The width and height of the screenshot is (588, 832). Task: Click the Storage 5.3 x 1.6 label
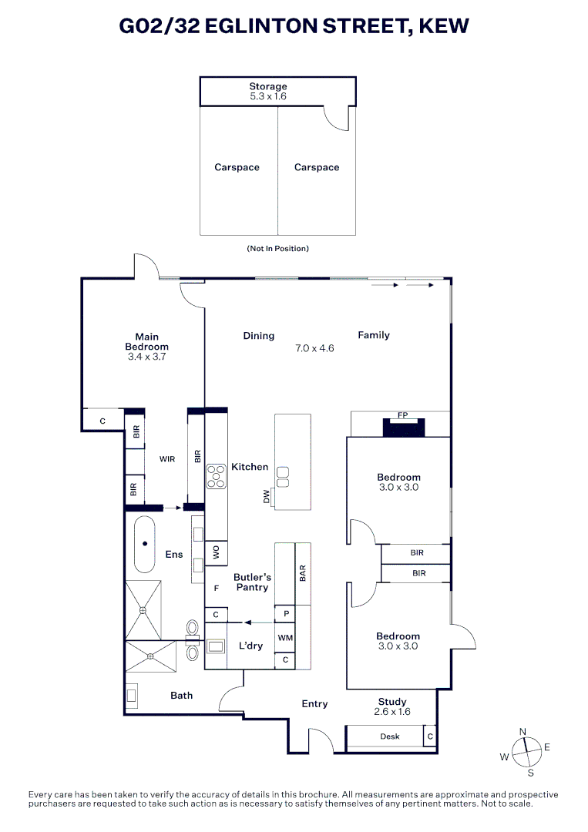click(x=268, y=91)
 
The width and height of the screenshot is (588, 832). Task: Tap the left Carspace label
click(x=237, y=167)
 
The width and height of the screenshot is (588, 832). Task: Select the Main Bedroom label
click(x=146, y=347)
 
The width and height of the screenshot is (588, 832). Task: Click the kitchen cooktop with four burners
click(x=216, y=477)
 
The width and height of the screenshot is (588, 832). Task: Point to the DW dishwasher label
click(x=267, y=496)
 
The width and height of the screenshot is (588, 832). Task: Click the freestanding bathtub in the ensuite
click(x=144, y=544)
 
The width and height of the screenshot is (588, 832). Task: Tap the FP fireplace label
click(x=403, y=415)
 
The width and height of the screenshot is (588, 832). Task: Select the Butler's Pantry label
click(x=252, y=582)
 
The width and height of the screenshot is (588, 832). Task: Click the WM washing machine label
click(x=285, y=638)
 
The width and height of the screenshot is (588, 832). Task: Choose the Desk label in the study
click(x=389, y=736)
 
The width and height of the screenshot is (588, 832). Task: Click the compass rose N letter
click(x=522, y=732)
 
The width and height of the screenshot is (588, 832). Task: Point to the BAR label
click(x=303, y=573)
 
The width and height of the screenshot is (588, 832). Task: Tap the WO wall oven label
click(x=216, y=553)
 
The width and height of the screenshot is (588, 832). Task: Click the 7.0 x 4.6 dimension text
click(x=314, y=349)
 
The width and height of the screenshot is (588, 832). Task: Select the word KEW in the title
click(x=444, y=25)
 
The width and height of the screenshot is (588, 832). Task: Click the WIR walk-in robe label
click(x=167, y=459)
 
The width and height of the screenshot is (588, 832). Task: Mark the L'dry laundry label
click(x=250, y=646)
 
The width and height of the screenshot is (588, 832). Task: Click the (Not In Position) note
click(x=277, y=248)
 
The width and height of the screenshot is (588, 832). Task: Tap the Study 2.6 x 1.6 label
click(x=392, y=706)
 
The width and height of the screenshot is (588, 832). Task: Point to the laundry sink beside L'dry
click(x=216, y=646)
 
